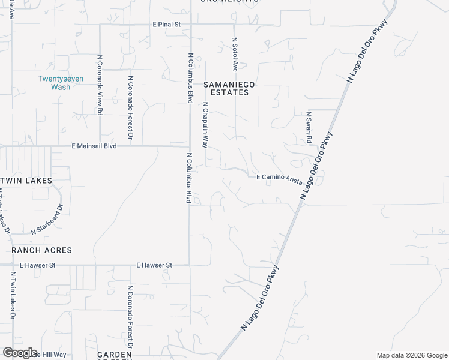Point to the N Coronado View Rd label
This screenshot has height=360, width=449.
tap(100, 88)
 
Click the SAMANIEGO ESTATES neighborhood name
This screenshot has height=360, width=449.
tap(229, 89)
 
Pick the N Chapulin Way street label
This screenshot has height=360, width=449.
tap(205, 125)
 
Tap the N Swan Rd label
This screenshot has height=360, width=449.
tap(309, 127)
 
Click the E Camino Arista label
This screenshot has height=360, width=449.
tap(279, 178)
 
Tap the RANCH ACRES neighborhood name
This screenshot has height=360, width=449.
tap(41, 250)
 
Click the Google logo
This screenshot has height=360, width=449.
tap(20, 353)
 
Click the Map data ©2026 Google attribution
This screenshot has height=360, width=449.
tap(412, 355)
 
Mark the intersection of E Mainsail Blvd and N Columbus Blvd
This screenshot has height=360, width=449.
tap(190, 146)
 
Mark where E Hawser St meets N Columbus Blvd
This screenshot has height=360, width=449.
tap(190, 265)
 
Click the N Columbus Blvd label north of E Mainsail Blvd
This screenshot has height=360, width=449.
tap(189, 79)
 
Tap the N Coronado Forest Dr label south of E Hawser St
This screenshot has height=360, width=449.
tap(130, 316)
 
